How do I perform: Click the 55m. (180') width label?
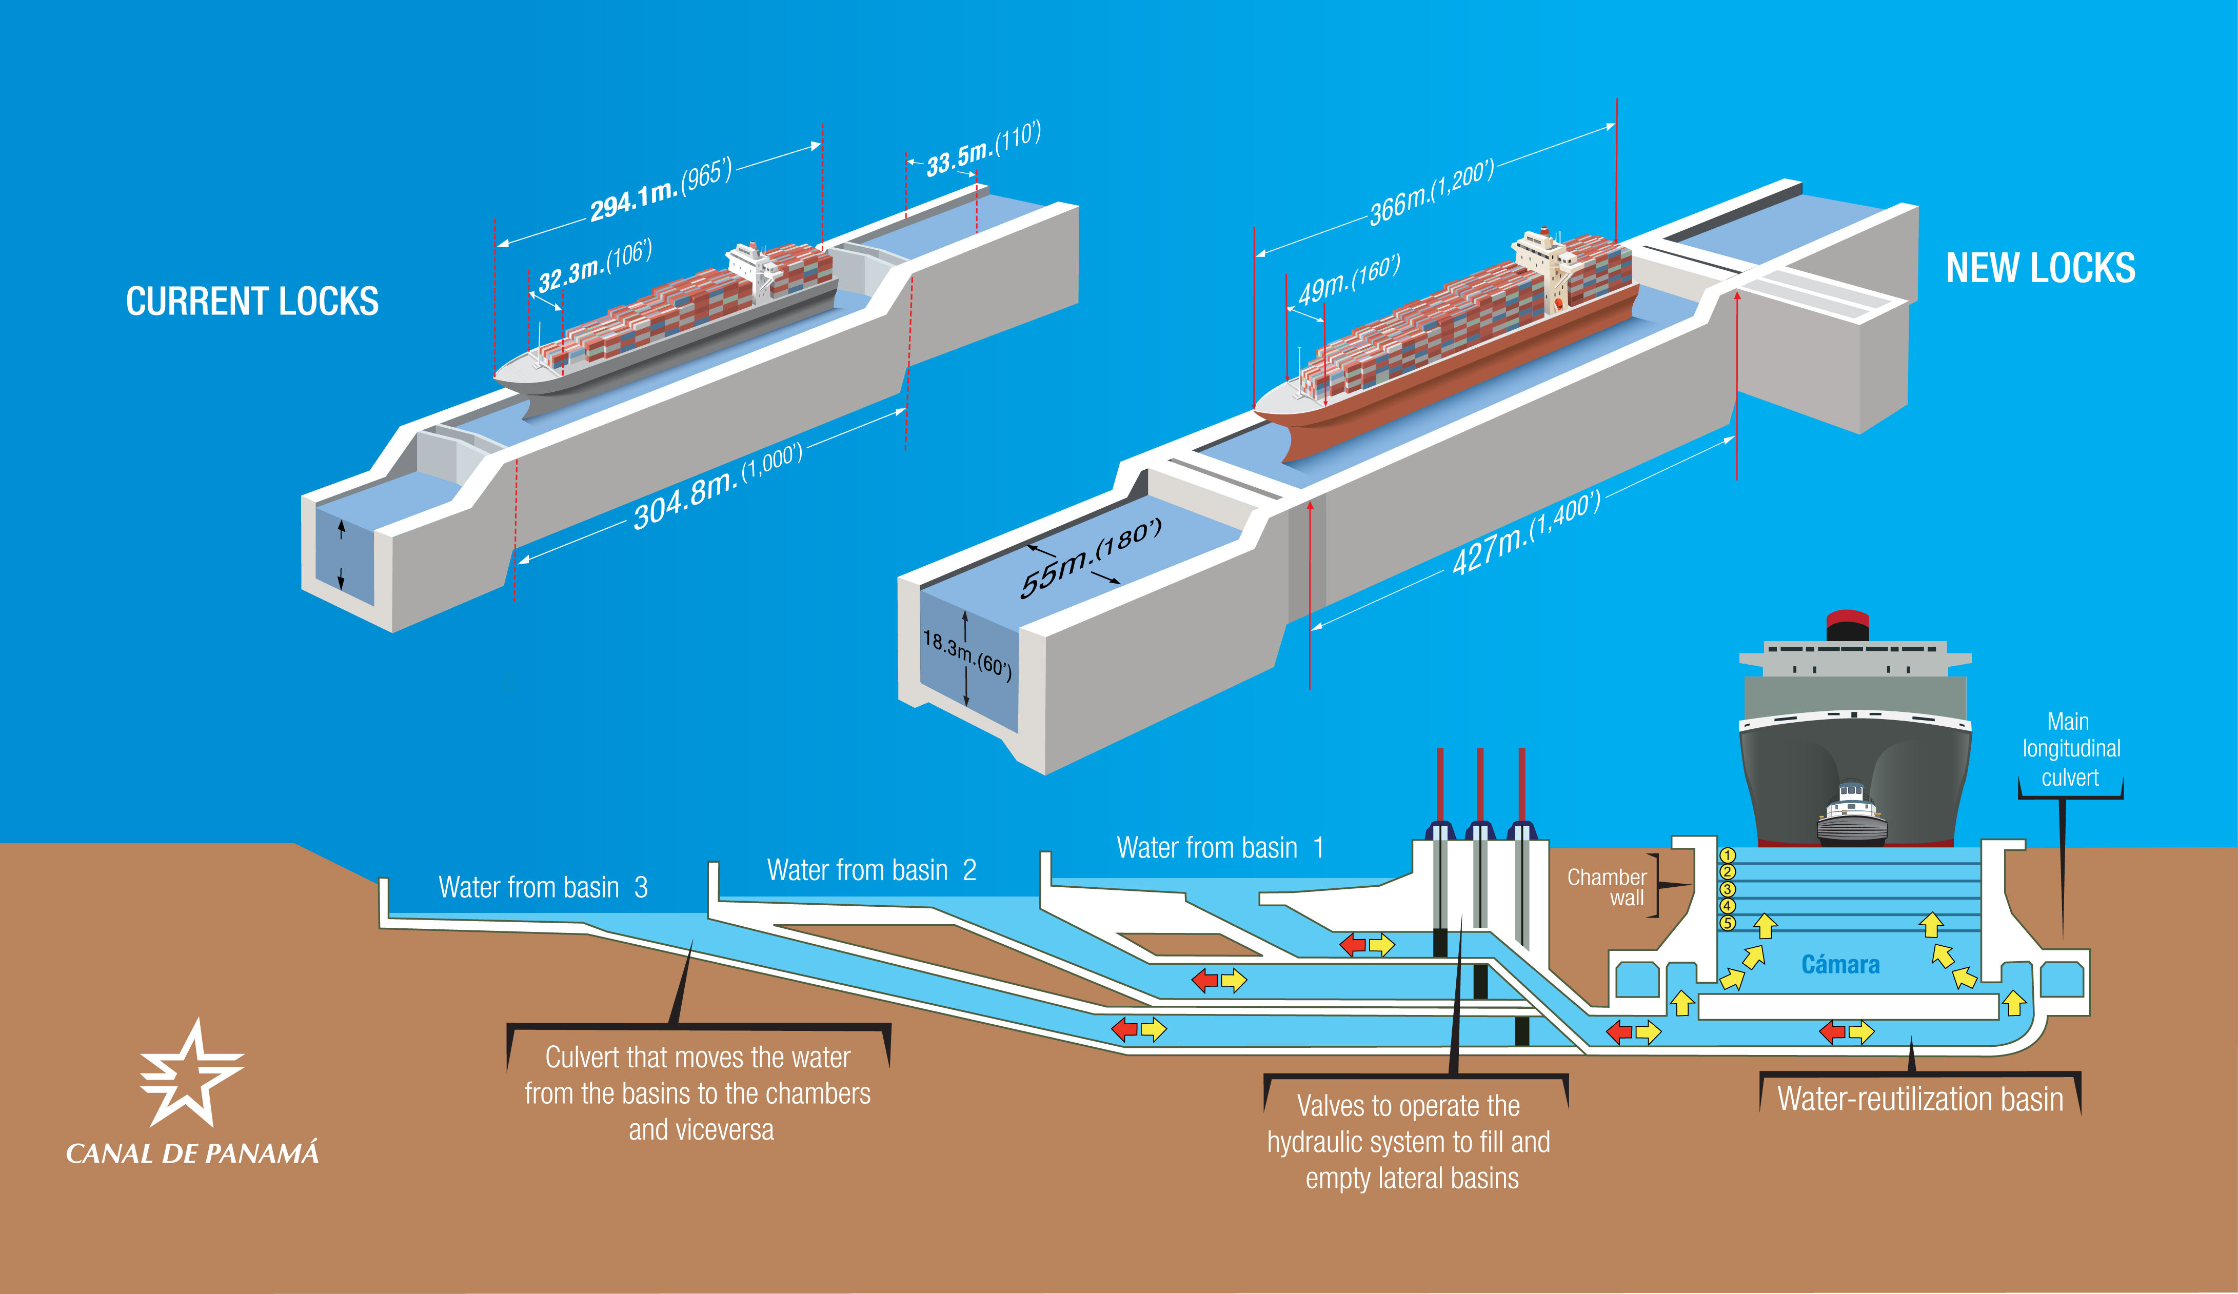(x=1091, y=558)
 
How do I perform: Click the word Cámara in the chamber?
(x=1840, y=965)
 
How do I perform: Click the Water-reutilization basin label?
(x=1920, y=1100)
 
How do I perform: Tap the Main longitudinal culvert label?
(x=2071, y=750)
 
